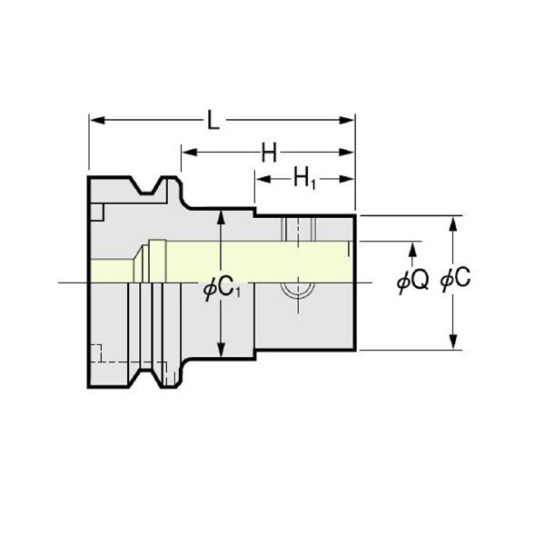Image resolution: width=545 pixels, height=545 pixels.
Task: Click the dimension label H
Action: click(x=269, y=153)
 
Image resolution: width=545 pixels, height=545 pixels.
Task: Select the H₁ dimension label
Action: click(x=304, y=179)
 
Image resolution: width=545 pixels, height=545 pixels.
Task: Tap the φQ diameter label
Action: click(x=412, y=282)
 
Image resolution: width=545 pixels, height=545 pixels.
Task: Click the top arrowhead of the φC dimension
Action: click(x=452, y=222)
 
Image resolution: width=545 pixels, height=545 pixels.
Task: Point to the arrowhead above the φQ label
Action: click(x=414, y=248)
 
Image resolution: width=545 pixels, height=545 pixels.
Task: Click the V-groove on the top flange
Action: click(x=151, y=190)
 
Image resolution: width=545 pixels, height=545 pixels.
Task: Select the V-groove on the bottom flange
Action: click(x=151, y=375)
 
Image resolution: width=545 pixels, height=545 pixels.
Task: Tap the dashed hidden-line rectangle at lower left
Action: click(x=97, y=354)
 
